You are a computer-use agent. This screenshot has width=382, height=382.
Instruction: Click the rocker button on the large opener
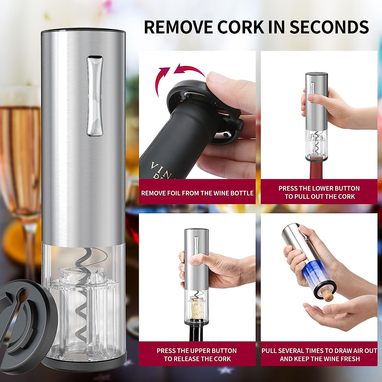coord(95,95)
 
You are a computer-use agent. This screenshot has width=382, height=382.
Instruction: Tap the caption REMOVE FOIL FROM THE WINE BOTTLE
coord(197,193)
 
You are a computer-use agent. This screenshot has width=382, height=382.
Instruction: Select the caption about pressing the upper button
coord(197,355)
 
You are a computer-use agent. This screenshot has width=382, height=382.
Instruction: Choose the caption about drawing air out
coord(319,355)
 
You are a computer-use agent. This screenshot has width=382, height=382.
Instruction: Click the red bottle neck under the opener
coord(317,169)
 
